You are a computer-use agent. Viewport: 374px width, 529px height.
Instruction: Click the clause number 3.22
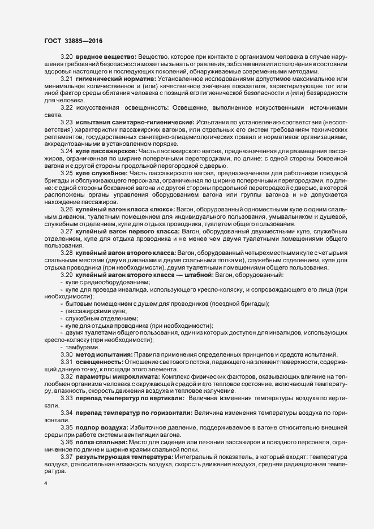[66, 107]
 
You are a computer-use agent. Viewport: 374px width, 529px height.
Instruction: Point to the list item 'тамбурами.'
[82, 346]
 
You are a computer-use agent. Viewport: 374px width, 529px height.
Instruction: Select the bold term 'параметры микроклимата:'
[118, 375]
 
